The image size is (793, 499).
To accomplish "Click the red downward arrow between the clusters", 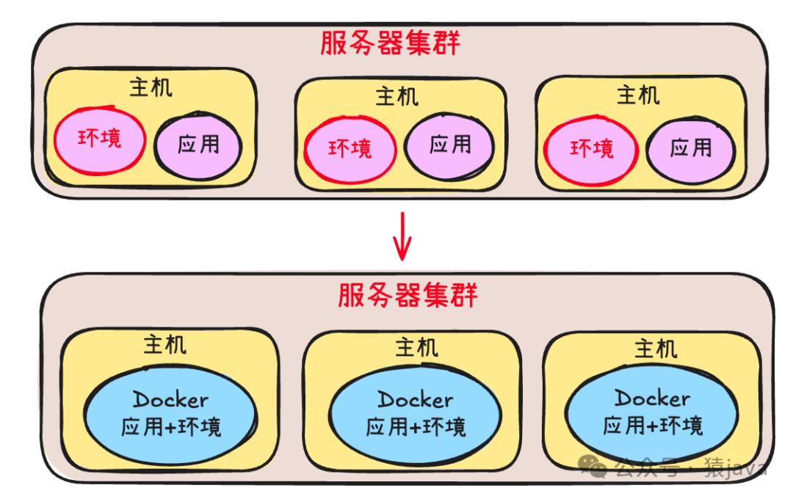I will coord(401,237).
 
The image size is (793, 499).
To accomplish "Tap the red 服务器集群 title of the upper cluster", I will coord(390,43).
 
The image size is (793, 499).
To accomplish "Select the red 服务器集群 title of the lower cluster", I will coord(408,295).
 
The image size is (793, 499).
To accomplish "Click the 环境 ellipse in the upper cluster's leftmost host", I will coord(100,139).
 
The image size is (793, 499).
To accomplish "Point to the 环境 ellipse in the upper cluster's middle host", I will coord(350,149).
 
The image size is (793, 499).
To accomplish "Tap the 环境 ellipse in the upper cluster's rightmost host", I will coord(591,149).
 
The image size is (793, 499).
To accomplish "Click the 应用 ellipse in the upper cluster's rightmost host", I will coord(691,149).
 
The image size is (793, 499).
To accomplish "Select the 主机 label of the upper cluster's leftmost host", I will coord(151,88).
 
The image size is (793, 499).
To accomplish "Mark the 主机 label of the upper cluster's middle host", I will coord(397,96).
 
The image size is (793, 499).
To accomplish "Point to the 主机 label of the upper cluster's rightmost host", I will coord(637,95).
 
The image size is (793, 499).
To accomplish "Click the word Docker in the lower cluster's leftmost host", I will coord(170,401).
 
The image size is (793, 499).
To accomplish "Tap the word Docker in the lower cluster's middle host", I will coord(415,400).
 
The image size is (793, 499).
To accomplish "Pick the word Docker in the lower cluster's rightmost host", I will coord(652,398).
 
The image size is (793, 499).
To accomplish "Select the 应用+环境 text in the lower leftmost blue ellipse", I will coord(171,426).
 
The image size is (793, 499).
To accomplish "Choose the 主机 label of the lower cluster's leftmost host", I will coord(164,345).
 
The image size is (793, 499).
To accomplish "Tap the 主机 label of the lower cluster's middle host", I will coord(416,346).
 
